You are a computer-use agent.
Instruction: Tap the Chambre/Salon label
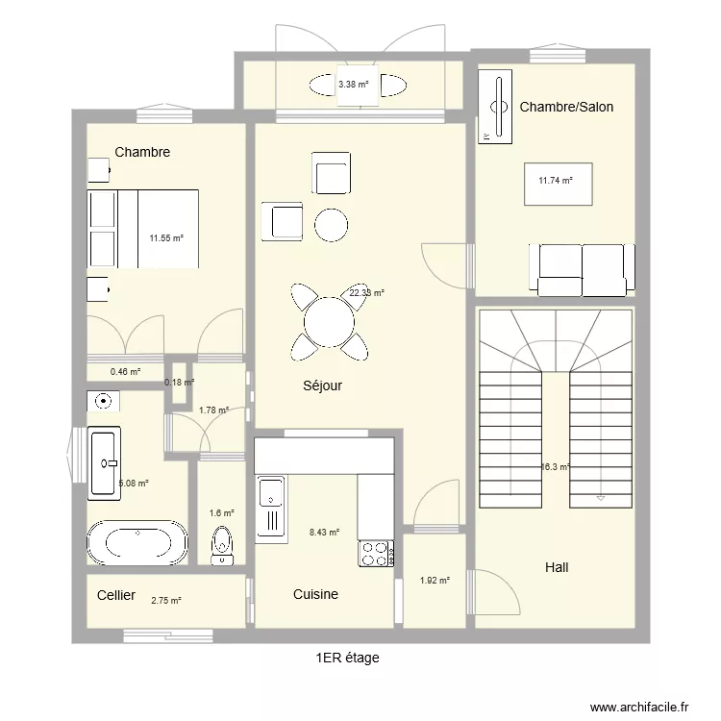[566, 107]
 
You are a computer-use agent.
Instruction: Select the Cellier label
[116, 595]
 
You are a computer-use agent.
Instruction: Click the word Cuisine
[315, 594]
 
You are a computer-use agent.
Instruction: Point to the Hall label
[557, 567]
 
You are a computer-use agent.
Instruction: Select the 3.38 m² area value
[353, 85]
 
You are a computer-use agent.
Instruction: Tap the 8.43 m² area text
[324, 531]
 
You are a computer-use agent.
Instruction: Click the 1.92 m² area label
[435, 580]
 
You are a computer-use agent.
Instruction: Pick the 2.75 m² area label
[165, 601]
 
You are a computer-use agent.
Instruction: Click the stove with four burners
[375, 553]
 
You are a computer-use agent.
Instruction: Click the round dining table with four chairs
[328, 320]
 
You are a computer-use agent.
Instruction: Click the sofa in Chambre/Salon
[582, 269]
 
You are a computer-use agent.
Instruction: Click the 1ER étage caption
[347, 658]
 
